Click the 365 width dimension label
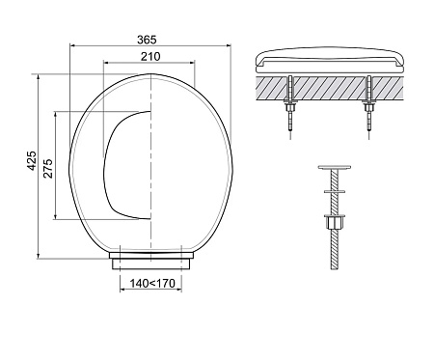coord(147,40)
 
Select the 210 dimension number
coord(150,57)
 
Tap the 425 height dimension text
coord(32,160)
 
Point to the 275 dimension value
coord(47,168)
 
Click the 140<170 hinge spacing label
coord(152,284)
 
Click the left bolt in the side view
coord(290,107)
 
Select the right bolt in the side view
coord(369,107)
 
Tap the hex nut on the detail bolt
coord(335,222)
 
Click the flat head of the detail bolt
coord(335,167)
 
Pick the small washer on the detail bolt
coord(335,192)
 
